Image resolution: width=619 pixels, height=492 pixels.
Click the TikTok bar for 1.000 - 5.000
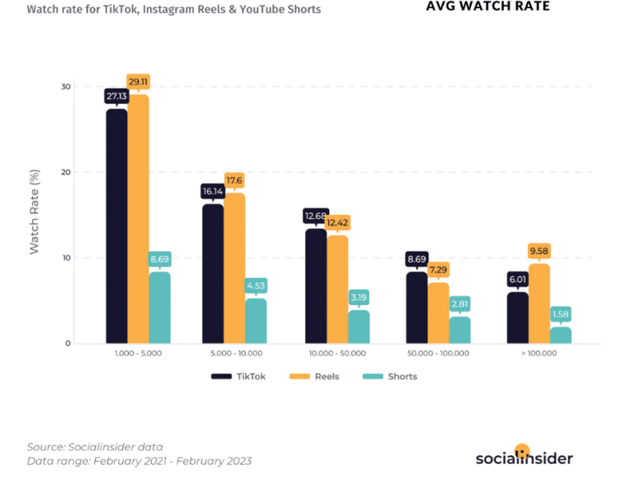coord(117,225)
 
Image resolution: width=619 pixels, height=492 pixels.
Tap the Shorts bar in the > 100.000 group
coord(561,335)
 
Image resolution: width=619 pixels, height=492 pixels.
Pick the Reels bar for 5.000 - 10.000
coord(235,268)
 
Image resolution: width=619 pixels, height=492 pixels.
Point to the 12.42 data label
coord(337,223)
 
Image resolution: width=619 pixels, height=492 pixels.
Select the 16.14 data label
coord(213,191)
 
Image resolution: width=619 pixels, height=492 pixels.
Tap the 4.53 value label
coord(255,285)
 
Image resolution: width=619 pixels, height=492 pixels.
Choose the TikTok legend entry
coord(233,376)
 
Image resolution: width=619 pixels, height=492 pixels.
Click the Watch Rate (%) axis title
coord(34,215)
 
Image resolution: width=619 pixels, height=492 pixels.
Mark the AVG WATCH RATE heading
coord(488,7)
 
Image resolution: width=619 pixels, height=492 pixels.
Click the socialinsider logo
coord(524,456)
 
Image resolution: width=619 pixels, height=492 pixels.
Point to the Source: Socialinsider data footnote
coord(94,446)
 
